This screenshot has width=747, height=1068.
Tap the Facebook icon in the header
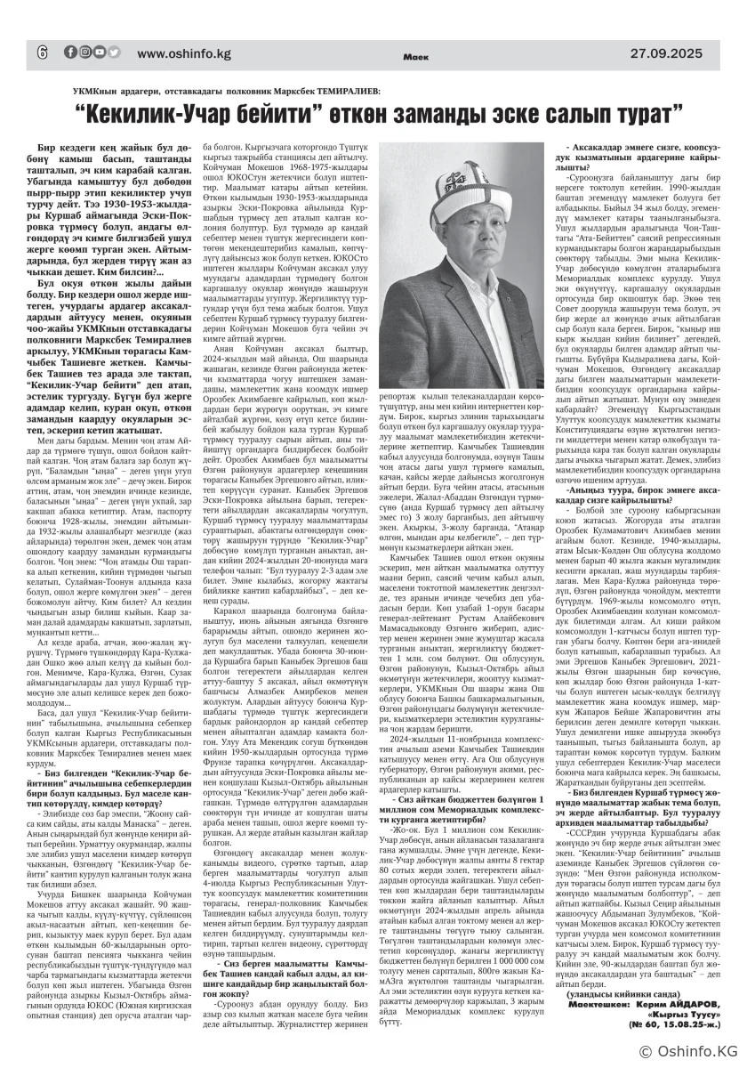[x=69, y=52]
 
